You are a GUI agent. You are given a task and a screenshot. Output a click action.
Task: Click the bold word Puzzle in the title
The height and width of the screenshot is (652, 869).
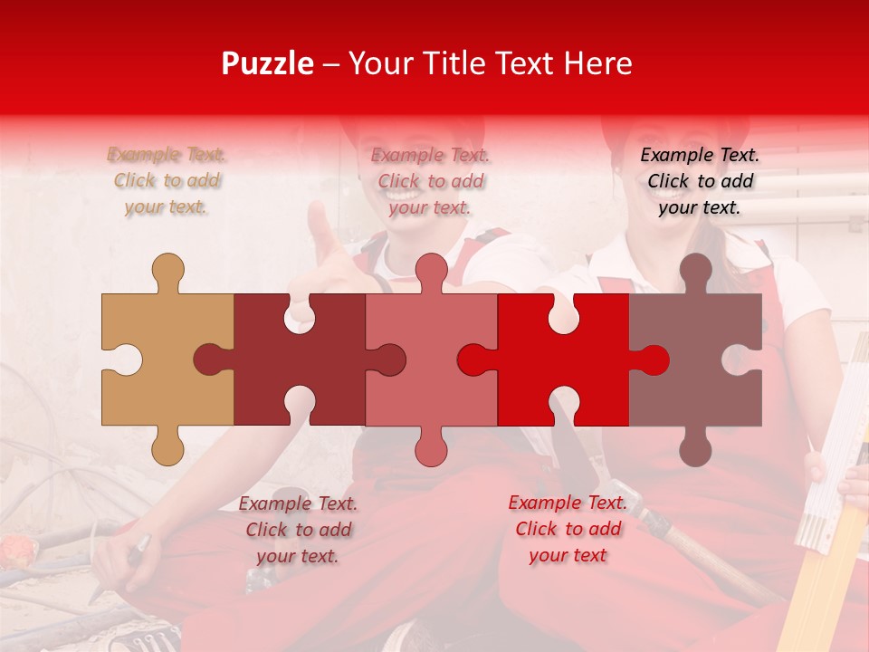point(267,63)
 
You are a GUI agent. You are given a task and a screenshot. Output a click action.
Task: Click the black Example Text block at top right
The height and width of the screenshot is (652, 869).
point(700,181)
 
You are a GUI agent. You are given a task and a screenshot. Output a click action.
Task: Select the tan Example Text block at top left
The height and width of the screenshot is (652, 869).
point(167,181)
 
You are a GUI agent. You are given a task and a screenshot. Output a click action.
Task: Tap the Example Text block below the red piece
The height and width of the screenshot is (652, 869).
point(568,529)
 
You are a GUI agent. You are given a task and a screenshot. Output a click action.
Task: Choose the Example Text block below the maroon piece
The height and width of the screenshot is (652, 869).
point(298,530)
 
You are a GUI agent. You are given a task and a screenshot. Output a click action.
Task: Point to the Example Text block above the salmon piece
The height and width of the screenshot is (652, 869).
point(430,181)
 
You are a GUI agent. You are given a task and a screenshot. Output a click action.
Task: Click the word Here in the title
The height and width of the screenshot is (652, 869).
point(597,63)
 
